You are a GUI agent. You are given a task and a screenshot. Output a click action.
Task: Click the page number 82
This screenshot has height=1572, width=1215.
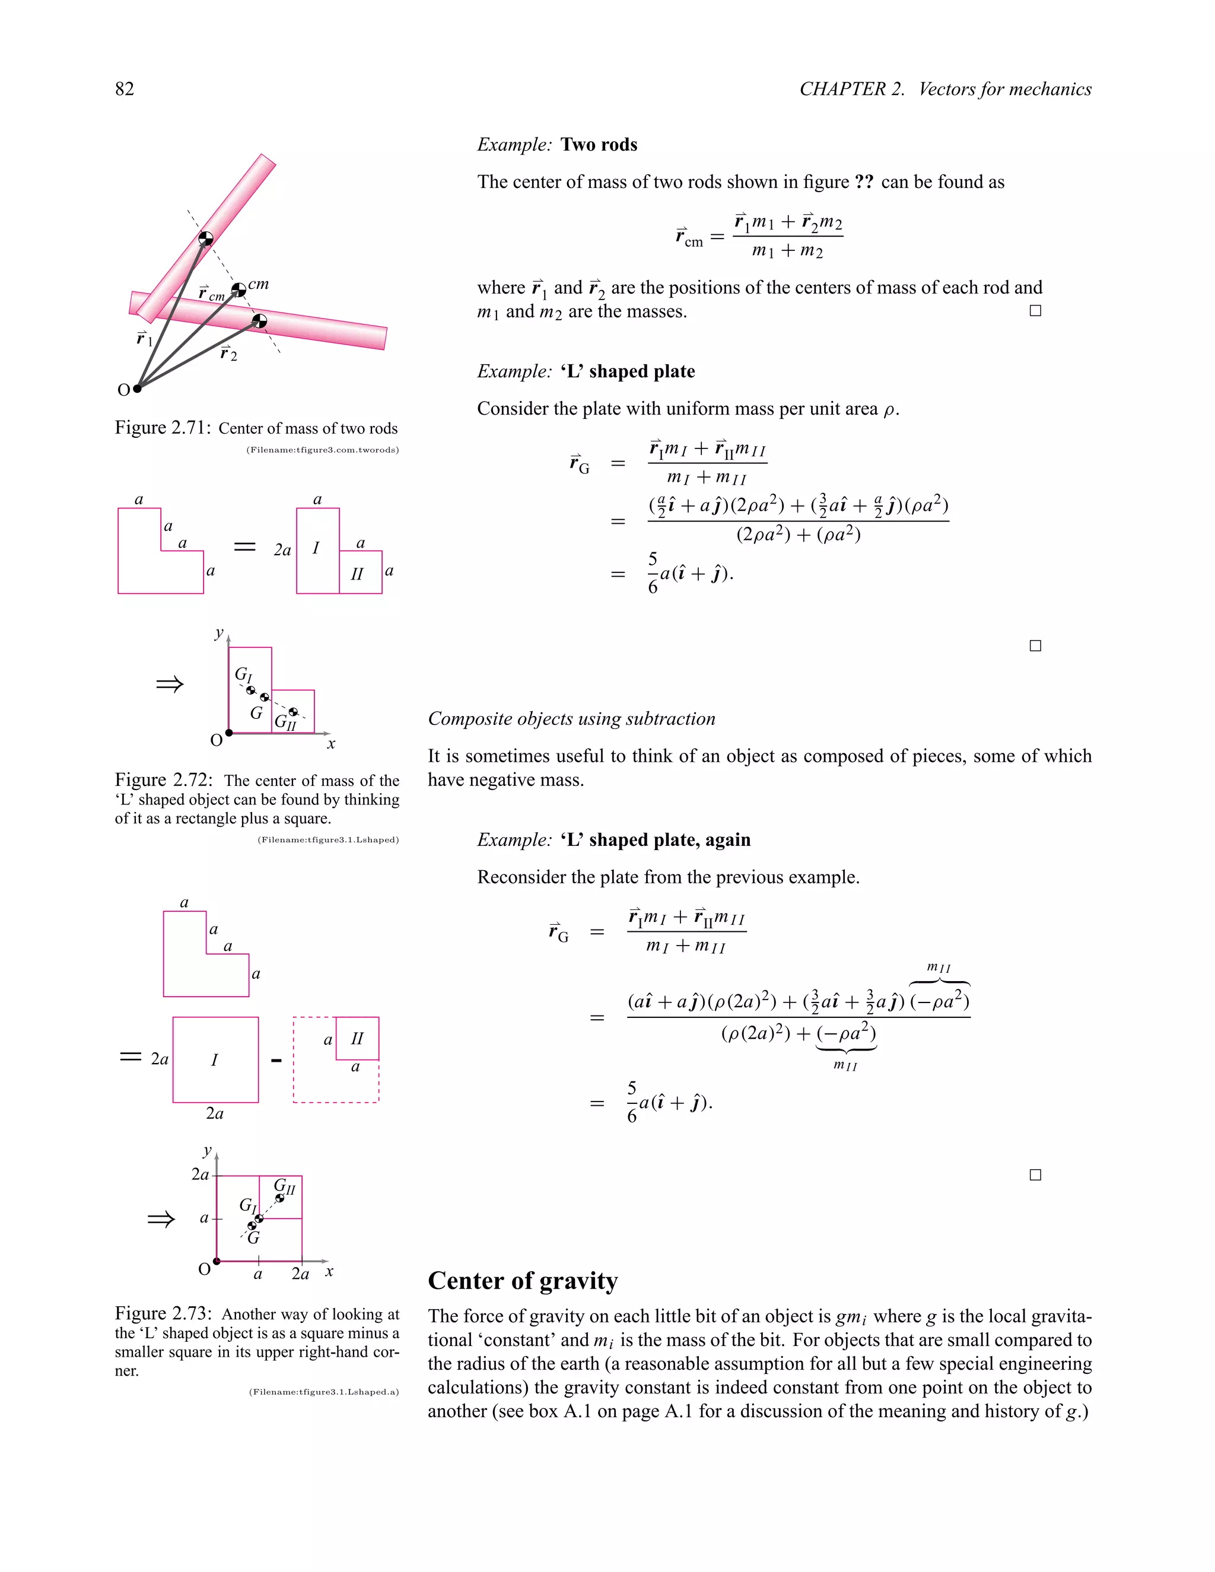[x=125, y=88]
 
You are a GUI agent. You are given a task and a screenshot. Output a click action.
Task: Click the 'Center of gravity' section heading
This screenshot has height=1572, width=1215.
[x=523, y=1281]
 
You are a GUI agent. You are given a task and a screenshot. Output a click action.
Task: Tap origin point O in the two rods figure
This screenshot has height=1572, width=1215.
[x=137, y=389]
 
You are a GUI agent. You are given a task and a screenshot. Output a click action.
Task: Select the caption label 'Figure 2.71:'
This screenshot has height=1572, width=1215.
[x=163, y=428]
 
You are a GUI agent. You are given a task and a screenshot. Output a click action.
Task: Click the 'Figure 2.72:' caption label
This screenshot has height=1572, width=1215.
[x=163, y=780]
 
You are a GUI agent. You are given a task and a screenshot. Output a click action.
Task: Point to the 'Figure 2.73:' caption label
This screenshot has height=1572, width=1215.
[x=163, y=1313]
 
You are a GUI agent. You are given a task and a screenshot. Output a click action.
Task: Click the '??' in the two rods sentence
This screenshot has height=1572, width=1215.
[x=864, y=182]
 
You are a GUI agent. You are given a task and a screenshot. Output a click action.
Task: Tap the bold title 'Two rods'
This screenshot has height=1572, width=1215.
[x=599, y=145]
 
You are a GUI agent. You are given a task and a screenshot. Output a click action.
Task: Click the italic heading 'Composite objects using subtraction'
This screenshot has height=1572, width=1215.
[x=571, y=718]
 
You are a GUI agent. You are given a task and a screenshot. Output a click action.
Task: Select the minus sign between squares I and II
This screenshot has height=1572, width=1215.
[x=276, y=1060]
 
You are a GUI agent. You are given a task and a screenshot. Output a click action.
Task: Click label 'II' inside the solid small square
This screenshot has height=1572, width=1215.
[x=357, y=1038]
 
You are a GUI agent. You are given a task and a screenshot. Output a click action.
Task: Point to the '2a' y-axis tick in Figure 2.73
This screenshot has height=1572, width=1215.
[x=200, y=1174]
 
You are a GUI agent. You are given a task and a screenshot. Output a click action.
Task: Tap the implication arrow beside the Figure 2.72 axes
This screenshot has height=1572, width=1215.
[x=169, y=684]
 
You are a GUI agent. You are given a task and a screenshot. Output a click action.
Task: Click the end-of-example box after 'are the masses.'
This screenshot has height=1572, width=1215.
[x=1035, y=311]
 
